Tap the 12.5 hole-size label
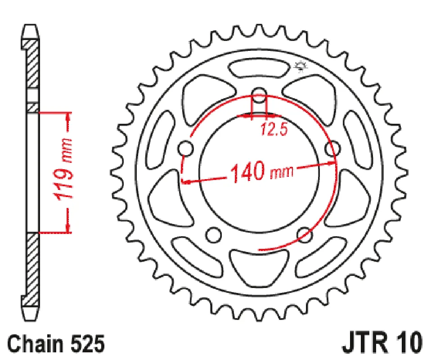(x=274, y=130)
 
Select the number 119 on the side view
(x=64, y=181)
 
